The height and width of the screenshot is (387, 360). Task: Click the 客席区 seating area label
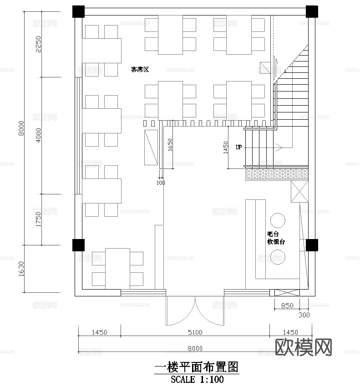pyautogui.click(x=140, y=70)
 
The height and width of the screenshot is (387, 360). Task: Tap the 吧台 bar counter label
pyautogui.click(x=273, y=234)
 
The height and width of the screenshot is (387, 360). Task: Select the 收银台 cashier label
pyautogui.click(x=276, y=242)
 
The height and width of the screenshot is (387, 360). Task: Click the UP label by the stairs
pyautogui.click(x=238, y=148)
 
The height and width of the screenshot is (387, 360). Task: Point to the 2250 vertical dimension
pyautogui.click(x=38, y=44)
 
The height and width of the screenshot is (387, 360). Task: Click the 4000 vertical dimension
pyautogui.click(x=38, y=135)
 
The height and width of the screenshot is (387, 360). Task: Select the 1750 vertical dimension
pyautogui.click(x=38, y=219)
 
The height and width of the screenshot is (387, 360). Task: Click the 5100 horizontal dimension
pyautogui.click(x=195, y=332)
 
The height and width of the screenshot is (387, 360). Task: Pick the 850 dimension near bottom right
pyautogui.click(x=287, y=306)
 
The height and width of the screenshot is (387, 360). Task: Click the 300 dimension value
pyautogui.click(x=304, y=315)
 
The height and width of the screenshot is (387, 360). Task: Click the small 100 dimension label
pyautogui.click(x=161, y=183)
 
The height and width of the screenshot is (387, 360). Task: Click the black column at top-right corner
pyautogui.click(x=312, y=11)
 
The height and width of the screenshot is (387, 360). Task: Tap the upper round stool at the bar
pyautogui.click(x=277, y=220)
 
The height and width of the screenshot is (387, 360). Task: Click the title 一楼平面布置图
pyautogui.click(x=197, y=367)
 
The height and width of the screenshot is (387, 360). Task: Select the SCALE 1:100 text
pyautogui.click(x=197, y=379)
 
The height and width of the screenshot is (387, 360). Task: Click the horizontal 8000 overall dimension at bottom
pyautogui.click(x=195, y=348)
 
